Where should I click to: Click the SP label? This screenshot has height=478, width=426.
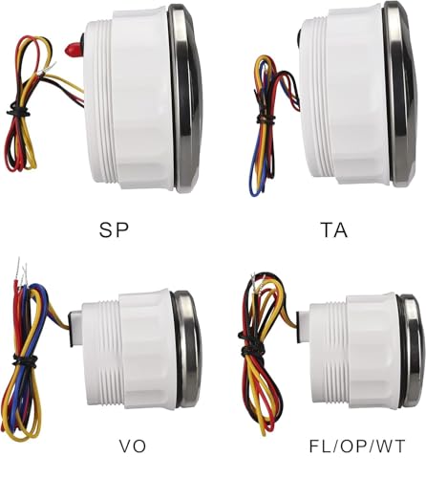coord(114,230)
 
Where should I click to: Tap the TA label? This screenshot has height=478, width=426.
coord(333,230)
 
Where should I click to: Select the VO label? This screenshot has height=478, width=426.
coord(133,446)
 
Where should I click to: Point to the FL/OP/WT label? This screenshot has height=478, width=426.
coord(357,446)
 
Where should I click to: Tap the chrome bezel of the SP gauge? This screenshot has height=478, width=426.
coord(185,98)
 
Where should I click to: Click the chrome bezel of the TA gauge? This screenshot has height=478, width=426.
coord(400,94)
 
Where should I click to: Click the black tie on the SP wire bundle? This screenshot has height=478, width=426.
coord(18,111)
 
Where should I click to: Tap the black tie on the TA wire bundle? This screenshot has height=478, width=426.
coord(266,119)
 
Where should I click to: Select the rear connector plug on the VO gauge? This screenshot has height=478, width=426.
coord(75,329)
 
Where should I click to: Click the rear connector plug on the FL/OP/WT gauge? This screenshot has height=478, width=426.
coord(303,327)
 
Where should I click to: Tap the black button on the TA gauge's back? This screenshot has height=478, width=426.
coord(300,35)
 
